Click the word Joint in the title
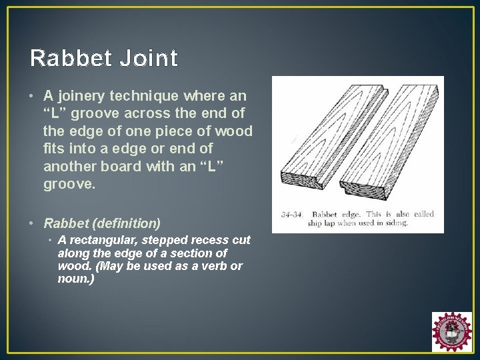pos(149,59)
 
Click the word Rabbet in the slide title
pos(71,59)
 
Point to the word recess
pos(208,240)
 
